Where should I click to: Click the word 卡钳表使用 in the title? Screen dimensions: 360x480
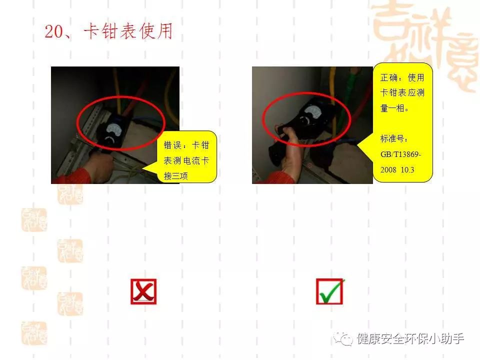tap(128, 31)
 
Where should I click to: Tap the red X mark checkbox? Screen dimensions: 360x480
tap(143, 291)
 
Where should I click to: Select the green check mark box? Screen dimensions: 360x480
tap(329, 291)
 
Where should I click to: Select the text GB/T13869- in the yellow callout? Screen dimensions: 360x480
tap(400, 154)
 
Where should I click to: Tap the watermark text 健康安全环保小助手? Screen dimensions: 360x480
tap(410, 339)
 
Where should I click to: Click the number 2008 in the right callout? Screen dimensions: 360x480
tap(388, 170)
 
